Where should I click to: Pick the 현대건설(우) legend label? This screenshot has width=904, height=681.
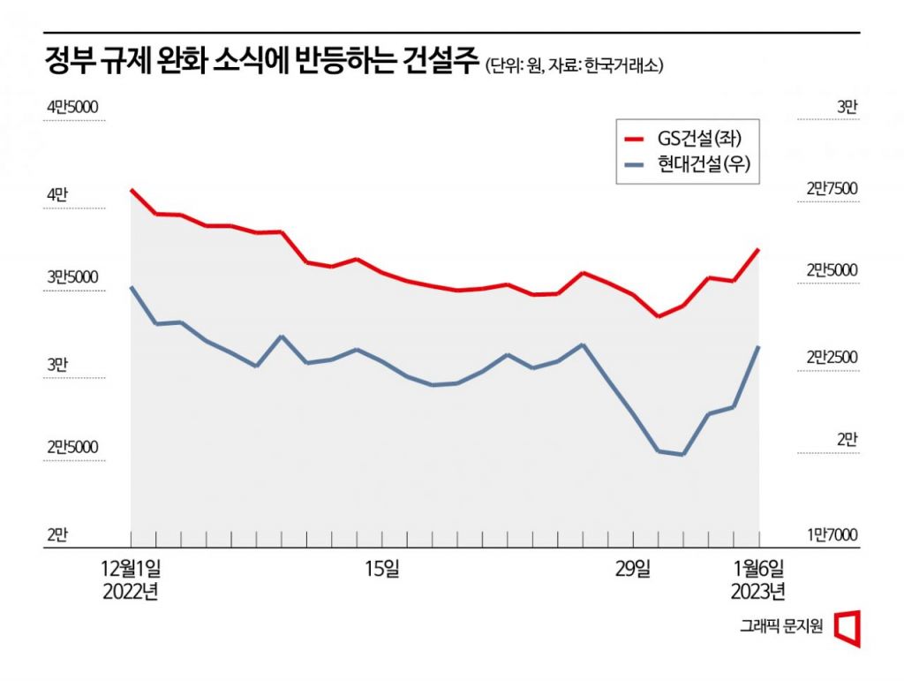[707, 164]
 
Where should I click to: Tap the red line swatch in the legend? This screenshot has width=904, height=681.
[634, 139]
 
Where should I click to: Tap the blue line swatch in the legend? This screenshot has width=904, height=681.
[634, 165]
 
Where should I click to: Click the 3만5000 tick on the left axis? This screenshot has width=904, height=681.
[72, 277]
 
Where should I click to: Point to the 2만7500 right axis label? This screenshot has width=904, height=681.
[832, 188]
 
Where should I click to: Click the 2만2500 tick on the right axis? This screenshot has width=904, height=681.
[832, 357]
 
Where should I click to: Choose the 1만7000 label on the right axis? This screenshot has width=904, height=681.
[832, 533]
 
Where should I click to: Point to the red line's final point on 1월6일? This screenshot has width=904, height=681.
[759, 250]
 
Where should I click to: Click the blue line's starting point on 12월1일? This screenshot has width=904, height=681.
[131, 287]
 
